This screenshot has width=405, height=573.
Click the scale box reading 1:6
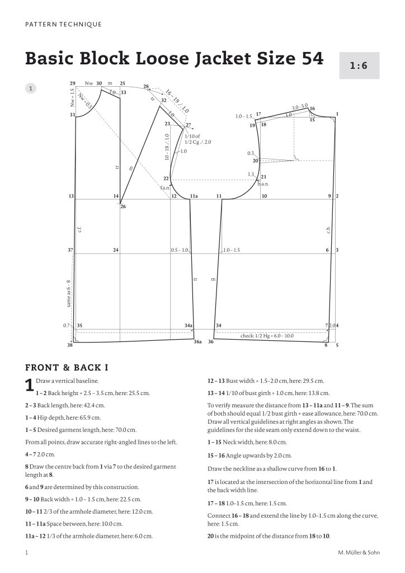coord(360,65)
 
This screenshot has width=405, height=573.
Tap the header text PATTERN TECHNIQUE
coord(64,25)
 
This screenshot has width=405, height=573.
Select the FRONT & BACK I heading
coord(67,368)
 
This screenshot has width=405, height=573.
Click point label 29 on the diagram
coord(73,83)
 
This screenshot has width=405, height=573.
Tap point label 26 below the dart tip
coord(123,207)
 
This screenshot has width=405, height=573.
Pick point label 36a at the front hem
coord(197,341)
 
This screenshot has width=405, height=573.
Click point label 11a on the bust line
coord(194,196)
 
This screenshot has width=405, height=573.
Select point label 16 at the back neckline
coord(312,109)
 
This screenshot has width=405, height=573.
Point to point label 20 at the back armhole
coord(255,161)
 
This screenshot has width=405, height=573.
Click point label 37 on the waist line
coord(71,250)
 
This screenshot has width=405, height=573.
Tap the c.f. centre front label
coord(80,229)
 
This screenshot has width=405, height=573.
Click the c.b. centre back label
coord(329,229)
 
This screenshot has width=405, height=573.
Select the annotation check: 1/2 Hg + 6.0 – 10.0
coord(267,336)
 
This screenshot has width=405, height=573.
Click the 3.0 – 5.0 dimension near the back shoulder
coord(300,106)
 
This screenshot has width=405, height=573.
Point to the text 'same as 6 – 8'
coord(69,293)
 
